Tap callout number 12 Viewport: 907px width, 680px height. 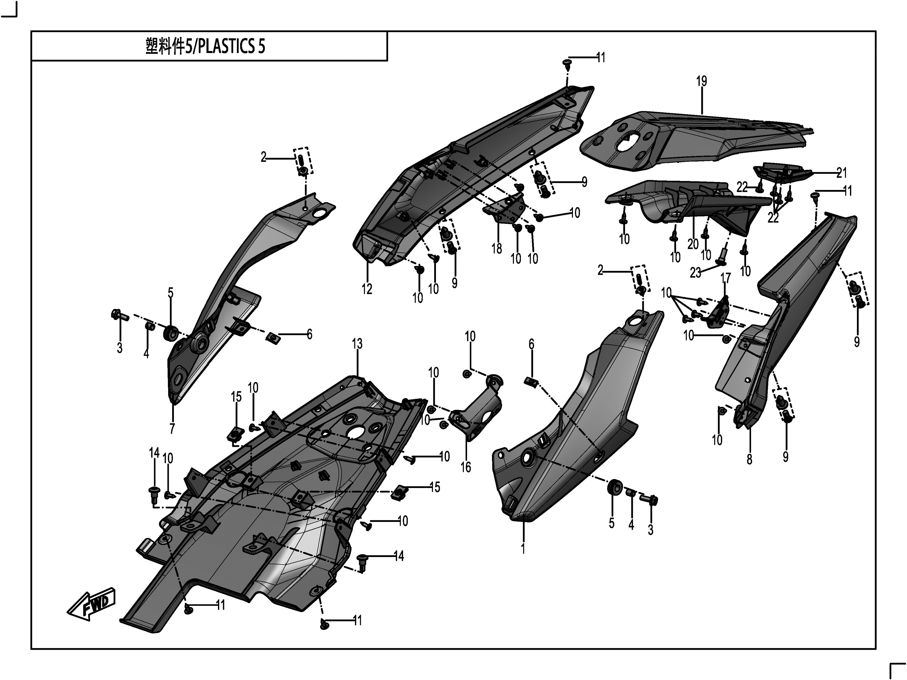coord(367,289)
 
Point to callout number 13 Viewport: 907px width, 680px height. coord(357,344)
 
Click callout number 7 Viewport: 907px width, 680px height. coord(172,428)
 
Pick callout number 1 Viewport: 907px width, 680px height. coord(523,549)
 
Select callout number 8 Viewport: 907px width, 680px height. coord(749,459)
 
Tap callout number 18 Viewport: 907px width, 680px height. coord(497,248)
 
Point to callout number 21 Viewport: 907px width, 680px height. coord(841,173)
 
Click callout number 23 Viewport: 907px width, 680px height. coord(695,273)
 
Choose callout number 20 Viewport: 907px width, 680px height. coord(693,244)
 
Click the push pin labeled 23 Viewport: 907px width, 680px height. coord(721,257)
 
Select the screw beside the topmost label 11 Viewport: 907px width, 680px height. coord(567,64)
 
